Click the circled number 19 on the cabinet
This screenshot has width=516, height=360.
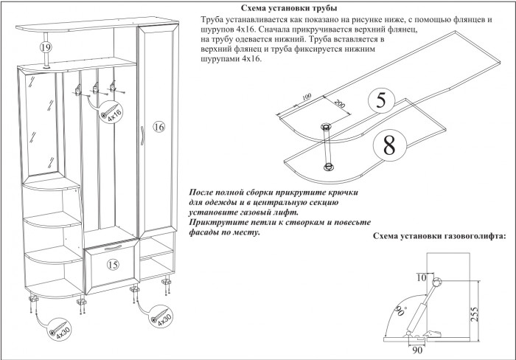click(x=45, y=47)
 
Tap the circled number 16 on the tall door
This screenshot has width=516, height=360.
click(x=157, y=127)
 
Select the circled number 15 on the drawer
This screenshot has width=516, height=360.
click(x=113, y=263)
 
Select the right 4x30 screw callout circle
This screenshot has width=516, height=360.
click(x=162, y=319)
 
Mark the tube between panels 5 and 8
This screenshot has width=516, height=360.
click(x=329, y=147)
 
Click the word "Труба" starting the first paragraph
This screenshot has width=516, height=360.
click(x=215, y=18)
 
